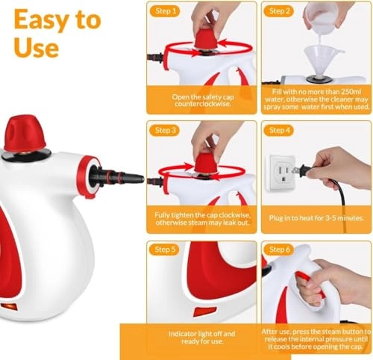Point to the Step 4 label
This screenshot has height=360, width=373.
278,130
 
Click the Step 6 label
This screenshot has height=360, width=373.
278,249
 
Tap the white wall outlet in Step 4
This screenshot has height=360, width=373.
282,173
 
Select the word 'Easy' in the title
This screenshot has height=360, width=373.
33,20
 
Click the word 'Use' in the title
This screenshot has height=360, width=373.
35,49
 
